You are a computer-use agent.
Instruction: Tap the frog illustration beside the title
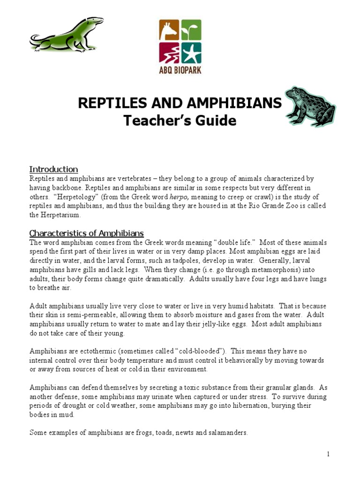pos(311,106)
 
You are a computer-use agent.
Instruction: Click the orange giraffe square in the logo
pos(169,30)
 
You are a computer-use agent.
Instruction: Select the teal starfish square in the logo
pos(191,52)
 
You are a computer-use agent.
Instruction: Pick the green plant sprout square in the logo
pos(191,30)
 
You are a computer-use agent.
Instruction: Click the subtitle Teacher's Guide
pos(180,121)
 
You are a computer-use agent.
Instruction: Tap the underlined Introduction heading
pos(53,169)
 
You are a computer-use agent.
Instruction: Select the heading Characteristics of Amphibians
pos(86,233)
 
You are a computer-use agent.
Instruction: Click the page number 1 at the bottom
pos(329,454)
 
